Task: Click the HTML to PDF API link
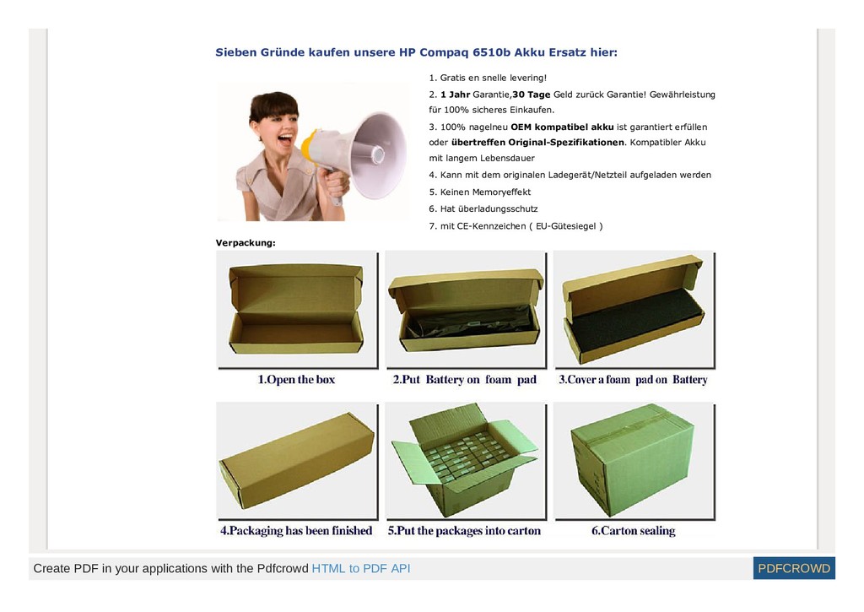pos(361,568)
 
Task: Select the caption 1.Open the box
pos(296,379)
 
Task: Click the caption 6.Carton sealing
pos(633,530)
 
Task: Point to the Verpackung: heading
pos(246,242)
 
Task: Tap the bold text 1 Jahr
pos(455,95)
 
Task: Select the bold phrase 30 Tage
pos(532,95)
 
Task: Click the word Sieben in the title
pos(236,52)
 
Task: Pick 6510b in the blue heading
pos(492,52)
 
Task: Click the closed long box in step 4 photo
pos(297,460)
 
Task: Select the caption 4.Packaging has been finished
pos(296,530)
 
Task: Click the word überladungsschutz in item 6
pos(498,209)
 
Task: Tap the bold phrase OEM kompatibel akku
pos(562,127)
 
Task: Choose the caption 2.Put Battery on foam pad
pos(465,379)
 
